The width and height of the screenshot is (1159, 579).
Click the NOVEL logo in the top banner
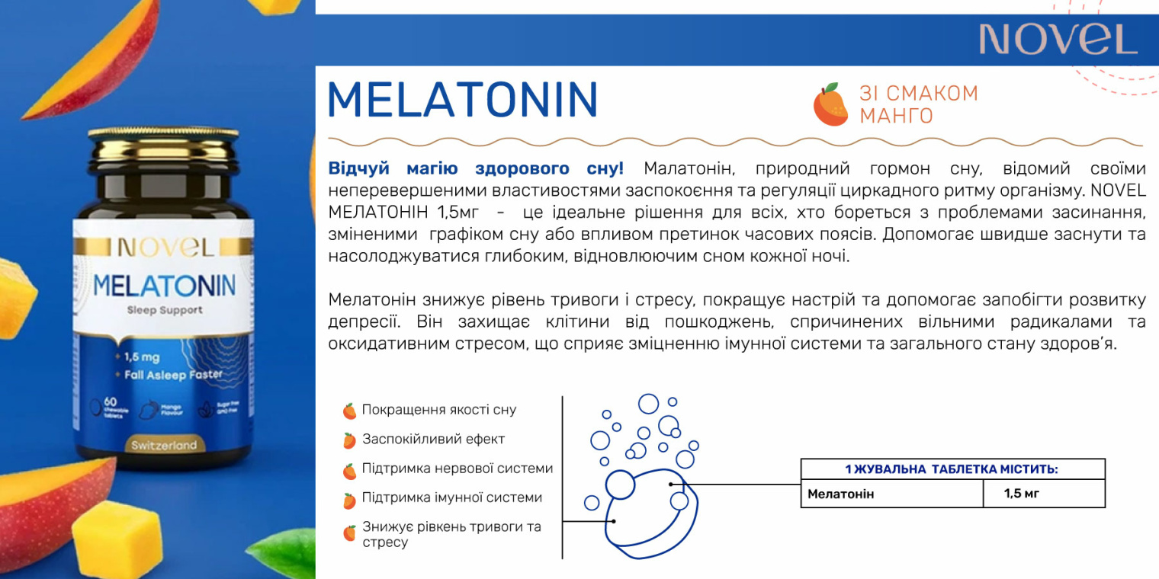pyautogui.click(x=1058, y=39)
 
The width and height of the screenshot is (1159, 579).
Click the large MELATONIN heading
pyautogui.click(x=462, y=100)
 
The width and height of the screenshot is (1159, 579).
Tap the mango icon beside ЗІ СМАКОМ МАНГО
pyautogui.click(x=830, y=104)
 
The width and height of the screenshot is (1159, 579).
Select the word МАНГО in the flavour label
pyautogui.click(x=896, y=116)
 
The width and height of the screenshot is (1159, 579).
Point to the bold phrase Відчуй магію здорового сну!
pyautogui.click(x=475, y=168)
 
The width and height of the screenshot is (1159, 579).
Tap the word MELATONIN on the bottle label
pyautogui.click(x=164, y=286)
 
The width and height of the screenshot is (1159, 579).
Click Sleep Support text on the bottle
pyautogui.click(x=165, y=310)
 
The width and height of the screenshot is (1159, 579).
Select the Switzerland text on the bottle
pyautogui.click(x=163, y=445)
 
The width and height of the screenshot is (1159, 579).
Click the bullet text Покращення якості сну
pyautogui.click(x=438, y=410)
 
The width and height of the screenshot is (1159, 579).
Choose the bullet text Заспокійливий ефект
pyautogui.click(x=433, y=439)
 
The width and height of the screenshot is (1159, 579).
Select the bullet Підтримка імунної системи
pyautogui.click(x=452, y=497)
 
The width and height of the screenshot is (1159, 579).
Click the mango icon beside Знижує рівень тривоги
pyautogui.click(x=349, y=533)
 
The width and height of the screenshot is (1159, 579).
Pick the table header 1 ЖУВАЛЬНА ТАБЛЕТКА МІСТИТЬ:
pyautogui.click(x=952, y=469)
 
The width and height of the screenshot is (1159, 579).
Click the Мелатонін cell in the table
pyautogui.click(x=841, y=494)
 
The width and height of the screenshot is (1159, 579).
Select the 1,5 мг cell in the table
pyautogui.click(x=1022, y=494)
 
